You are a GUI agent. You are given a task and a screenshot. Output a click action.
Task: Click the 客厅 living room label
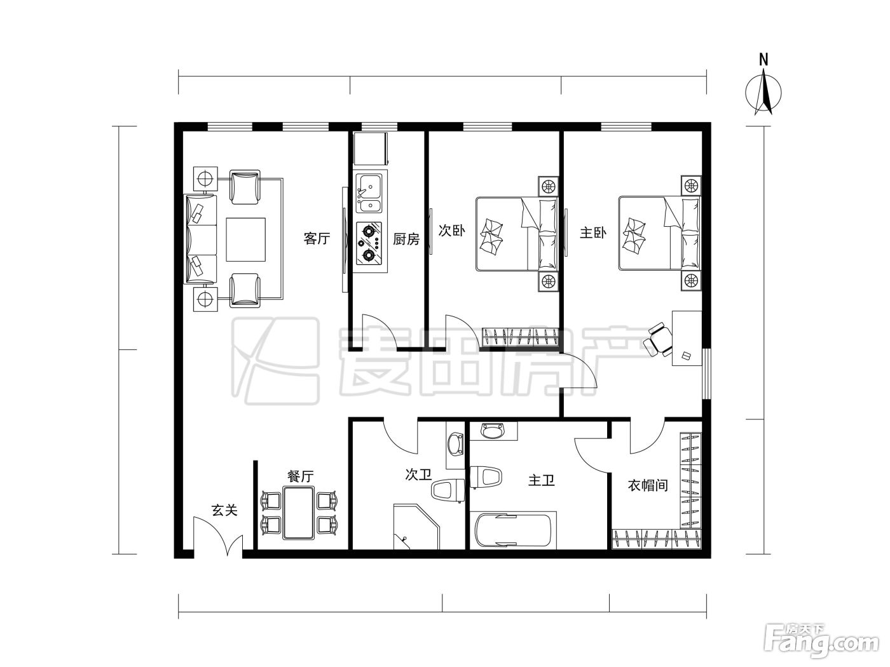[x=317, y=238]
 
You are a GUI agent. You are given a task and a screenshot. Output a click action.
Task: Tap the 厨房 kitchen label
[x=406, y=239]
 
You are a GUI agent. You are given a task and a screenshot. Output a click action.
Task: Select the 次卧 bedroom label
[x=452, y=231]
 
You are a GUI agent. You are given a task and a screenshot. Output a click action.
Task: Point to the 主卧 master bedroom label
[x=593, y=233]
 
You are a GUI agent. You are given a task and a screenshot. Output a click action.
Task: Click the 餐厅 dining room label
[x=301, y=476]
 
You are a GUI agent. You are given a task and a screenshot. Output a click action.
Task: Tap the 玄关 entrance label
[x=224, y=510]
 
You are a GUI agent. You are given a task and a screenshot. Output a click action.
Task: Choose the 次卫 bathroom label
[x=418, y=475]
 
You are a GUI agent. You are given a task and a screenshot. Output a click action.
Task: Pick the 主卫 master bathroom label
[x=541, y=480]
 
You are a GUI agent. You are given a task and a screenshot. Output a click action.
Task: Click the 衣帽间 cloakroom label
[x=648, y=485]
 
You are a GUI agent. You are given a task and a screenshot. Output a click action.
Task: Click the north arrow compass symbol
[x=763, y=90]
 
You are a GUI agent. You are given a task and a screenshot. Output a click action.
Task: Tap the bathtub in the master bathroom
[x=513, y=530]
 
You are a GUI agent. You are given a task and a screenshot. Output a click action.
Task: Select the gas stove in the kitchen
[x=369, y=243]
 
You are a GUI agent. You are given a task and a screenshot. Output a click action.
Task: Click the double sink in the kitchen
[x=369, y=193]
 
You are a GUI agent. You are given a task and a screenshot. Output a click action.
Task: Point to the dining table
[x=299, y=513]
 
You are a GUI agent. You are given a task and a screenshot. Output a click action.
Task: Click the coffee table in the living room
[x=246, y=239]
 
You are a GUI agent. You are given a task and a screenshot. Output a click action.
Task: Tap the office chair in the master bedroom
[x=657, y=345]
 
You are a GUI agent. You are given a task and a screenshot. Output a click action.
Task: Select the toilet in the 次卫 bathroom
[x=448, y=490]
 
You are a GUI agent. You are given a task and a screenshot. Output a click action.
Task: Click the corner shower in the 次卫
[x=416, y=527]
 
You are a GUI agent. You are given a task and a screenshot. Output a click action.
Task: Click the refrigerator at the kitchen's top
[x=371, y=148]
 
